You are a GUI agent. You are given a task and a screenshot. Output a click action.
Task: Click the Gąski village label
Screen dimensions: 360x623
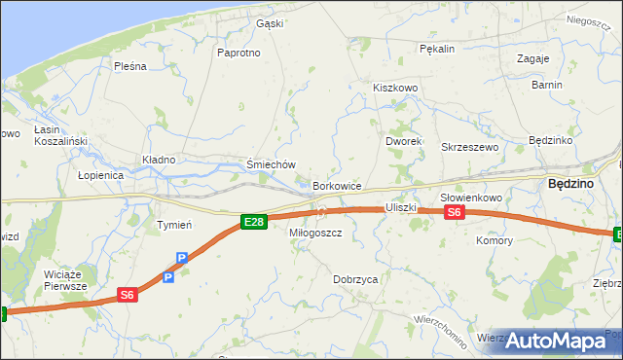[269, 23]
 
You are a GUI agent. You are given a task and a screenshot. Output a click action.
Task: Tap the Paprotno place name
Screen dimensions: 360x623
[239, 53]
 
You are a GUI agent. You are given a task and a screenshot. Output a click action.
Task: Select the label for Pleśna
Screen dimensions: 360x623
[129, 66]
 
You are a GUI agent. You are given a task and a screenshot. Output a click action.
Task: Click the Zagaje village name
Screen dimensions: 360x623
[533, 58]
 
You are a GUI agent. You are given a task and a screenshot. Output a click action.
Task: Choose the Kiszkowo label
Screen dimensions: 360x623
[394, 88]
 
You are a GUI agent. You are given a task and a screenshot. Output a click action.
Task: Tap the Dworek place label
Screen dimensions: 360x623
[402, 141]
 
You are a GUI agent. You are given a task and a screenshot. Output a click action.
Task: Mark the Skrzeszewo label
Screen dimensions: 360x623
[469, 147]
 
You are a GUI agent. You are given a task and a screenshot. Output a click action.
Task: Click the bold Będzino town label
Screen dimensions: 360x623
[567, 182]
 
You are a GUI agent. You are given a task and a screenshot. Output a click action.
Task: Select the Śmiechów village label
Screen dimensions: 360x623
[271, 165]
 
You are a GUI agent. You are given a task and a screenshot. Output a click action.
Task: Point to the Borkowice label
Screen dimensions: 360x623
[337, 186]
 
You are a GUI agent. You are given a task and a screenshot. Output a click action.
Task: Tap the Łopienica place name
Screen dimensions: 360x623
[100, 175]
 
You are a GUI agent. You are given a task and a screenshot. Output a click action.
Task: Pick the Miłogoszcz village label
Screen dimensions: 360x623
[315, 234]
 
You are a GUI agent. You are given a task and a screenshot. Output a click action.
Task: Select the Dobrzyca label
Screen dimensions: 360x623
[354, 279]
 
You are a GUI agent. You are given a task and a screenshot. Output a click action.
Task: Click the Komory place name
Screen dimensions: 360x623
[494, 239]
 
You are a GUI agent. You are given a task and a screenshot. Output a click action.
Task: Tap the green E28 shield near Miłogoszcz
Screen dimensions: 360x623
[253, 223]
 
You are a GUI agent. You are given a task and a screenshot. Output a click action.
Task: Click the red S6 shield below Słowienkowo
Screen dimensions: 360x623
[456, 213]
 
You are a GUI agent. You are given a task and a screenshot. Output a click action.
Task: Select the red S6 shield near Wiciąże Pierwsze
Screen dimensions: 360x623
[128, 295]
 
